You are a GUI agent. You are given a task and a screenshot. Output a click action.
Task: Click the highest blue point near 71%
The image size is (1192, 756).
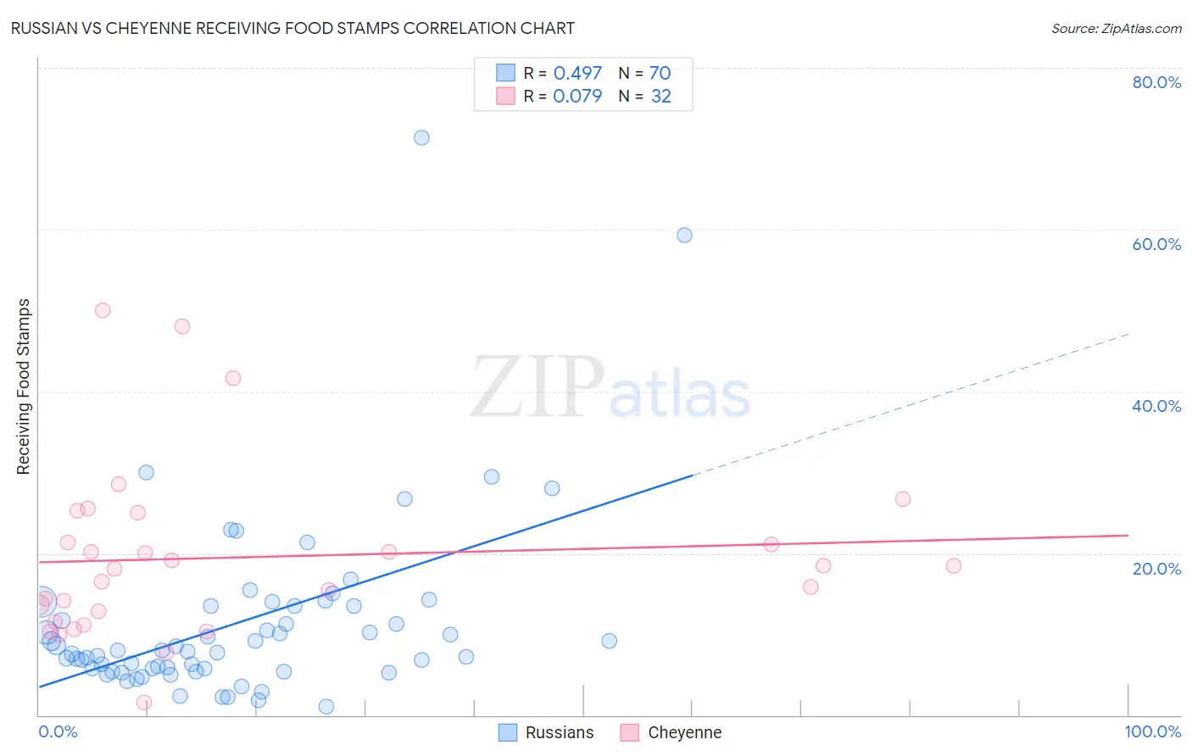[421, 137]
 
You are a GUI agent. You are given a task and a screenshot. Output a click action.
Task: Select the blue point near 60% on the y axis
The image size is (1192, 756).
[684, 235]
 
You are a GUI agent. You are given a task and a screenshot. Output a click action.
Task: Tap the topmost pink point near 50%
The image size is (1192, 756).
[103, 310]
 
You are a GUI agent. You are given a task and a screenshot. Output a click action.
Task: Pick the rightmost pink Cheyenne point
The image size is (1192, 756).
[954, 565]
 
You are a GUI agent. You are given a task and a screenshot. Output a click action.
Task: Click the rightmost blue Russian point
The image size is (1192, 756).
[684, 235]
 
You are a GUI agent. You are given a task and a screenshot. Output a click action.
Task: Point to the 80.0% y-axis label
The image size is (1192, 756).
[1156, 82]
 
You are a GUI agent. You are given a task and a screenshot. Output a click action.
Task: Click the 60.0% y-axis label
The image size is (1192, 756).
[1156, 244]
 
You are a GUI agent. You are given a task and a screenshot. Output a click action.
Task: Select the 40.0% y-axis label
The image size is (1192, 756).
[1156, 406]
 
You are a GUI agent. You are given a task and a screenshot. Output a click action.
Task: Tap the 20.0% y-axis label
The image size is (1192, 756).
[1156, 569]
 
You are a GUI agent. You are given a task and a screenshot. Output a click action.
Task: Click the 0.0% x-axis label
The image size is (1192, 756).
[58, 731]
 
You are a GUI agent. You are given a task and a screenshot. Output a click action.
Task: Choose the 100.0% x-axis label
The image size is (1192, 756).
[1152, 731]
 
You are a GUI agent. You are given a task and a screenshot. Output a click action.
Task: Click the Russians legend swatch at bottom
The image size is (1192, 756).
[508, 732]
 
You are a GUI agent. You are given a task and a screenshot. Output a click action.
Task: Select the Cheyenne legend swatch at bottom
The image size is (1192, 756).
[629, 732]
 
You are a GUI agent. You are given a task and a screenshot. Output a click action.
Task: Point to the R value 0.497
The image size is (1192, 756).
[577, 74]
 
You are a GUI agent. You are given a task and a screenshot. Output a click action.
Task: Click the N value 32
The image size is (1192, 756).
[660, 96]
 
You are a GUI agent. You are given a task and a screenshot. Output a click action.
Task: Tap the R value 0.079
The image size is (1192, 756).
[577, 96]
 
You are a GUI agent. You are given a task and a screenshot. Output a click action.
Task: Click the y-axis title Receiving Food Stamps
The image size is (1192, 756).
[24, 386]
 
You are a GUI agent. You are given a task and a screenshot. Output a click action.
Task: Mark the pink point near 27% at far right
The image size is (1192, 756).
[903, 499]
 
